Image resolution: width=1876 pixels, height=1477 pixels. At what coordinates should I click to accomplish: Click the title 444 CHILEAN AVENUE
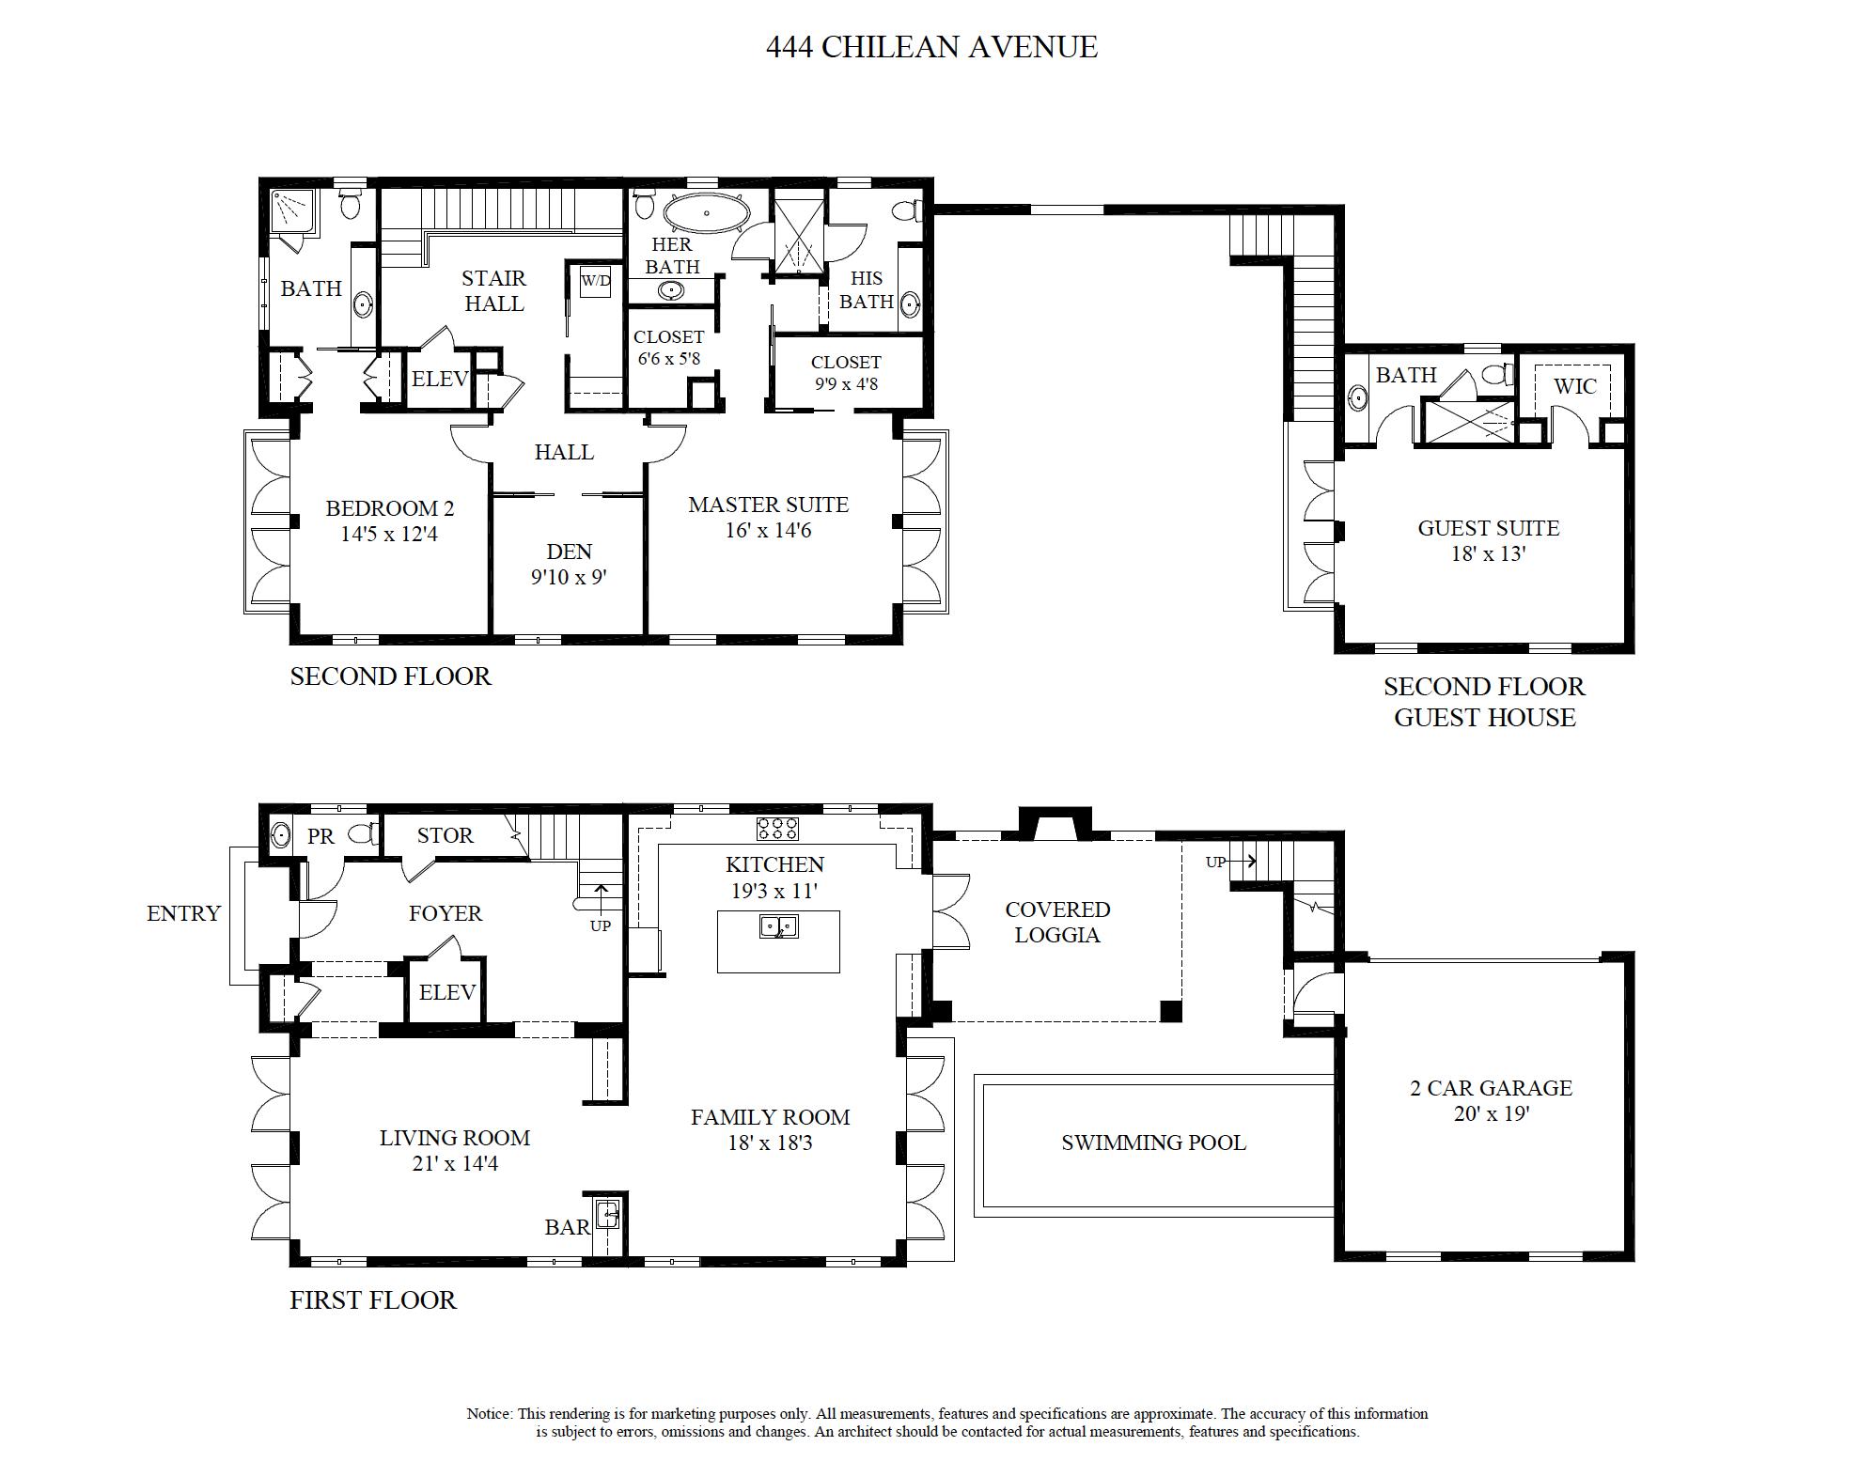click(x=931, y=47)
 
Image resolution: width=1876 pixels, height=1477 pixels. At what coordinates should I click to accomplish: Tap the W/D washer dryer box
click(x=595, y=281)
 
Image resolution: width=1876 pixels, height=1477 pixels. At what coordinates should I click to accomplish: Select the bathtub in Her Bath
click(x=707, y=214)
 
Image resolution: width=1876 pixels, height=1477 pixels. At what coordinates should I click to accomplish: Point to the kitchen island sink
click(x=778, y=926)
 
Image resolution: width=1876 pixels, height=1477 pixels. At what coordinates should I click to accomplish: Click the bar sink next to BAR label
click(x=608, y=1216)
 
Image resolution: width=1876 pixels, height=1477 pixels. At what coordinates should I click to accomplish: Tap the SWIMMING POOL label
click(x=1153, y=1143)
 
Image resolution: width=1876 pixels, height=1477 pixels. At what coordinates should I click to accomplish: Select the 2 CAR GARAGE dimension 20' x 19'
click(x=1490, y=1114)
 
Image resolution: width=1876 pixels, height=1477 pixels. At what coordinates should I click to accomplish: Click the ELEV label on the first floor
click(x=446, y=992)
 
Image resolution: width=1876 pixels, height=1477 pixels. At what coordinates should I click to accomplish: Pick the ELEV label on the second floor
click(x=439, y=379)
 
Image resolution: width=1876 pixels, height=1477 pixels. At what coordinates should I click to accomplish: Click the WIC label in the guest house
click(x=1574, y=386)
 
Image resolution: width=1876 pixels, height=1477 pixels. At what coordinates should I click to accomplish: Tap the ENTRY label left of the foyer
click(x=183, y=913)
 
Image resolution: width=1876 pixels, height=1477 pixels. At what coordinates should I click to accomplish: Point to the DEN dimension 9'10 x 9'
click(x=569, y=577)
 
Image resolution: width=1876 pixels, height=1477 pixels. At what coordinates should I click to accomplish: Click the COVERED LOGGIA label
click(x=1057, y=922)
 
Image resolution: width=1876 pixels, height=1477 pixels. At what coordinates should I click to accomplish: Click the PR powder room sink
click(x=280, y=834)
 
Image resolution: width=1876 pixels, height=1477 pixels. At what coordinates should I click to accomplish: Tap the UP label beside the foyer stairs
click(x=601, y=925)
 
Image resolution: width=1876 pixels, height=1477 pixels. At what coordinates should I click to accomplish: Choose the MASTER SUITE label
click(x=768, y=505)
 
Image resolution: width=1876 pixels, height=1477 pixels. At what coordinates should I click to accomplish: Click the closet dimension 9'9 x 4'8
click(x=846, y=383)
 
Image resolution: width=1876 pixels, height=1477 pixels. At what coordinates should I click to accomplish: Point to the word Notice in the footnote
click(x=489, y=1413)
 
